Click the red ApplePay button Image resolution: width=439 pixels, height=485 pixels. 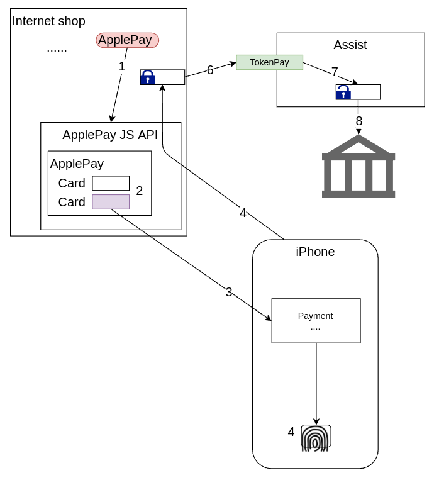pyautogui.click(x=127, y=40)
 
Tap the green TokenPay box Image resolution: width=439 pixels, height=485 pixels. pyautogui.click(x=269, y=62)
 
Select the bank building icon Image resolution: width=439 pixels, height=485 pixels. pyautogui.click(x=358, y=167)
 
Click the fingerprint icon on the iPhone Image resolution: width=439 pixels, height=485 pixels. pyautogui.click(x=316, y=437)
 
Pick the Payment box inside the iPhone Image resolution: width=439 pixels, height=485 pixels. pyautogui.click(x=316, y=321)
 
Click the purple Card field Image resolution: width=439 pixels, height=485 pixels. pyautogui.click(x=111, y=202)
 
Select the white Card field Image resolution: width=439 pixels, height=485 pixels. pyautogui.click(x=111, y=183)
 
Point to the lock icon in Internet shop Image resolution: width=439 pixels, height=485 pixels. pyautogui.click(x=148, y=77)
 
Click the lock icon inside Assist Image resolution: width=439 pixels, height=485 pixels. pyautogui.click(x=343, y=92)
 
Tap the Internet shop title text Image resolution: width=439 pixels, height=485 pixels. pyautogui.click(x=48, y=21)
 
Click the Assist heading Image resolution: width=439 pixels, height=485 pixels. pyautogui.click(x=350, y=45)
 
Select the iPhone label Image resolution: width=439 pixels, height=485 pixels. pyautogui.click(x=315, y=252)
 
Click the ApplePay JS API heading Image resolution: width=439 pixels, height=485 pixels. pyautogui.click(x=110, y=135)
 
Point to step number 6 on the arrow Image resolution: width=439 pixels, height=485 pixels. pyautogui.click(x=210, y=70)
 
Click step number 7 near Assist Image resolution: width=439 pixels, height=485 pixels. pyautogui.click(x=335, y=72)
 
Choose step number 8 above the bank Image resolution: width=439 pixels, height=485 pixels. pyautogui.click(x=359, y=121)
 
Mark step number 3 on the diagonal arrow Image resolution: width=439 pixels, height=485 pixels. pyautogui.click(x=229, y=293)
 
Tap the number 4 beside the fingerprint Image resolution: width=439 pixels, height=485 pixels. pyautogui.click(x=291, y=432)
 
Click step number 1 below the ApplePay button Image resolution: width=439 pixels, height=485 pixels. pyautogui.click(x=122, y=66)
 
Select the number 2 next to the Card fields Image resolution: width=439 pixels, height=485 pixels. pyautogui.click(x=140, y=191)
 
